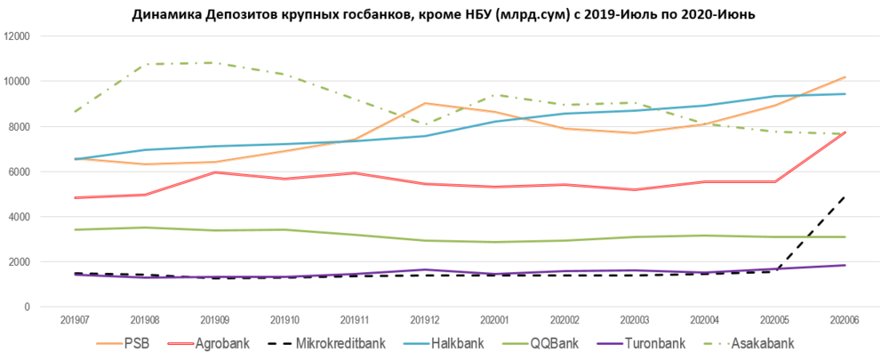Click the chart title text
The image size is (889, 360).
click(444, 14)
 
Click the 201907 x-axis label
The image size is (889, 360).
click(76, 318)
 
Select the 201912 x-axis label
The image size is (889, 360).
click(426, 318)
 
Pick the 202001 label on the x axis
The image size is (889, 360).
click(495, 318)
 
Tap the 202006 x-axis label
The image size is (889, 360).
click(844, 318)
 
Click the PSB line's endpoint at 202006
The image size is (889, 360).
click(844, 77)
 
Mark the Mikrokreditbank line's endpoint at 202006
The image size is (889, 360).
click(844, 196)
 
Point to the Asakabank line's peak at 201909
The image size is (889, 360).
click(216, 63)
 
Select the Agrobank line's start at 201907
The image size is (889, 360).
click(76, 197)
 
